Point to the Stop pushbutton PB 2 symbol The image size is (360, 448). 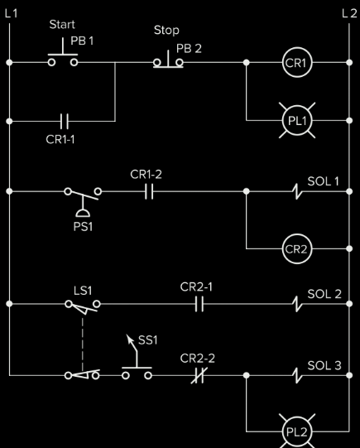click(168, 60)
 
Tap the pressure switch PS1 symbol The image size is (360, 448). click(83, 197)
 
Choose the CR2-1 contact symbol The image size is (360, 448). click(199, 304)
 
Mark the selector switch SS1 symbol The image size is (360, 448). click(137, 364)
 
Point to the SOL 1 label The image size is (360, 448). click(323, 180)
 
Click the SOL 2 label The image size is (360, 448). click(323, 293)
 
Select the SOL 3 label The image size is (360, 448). click(323, 364)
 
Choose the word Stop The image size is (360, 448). click(166, 30)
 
